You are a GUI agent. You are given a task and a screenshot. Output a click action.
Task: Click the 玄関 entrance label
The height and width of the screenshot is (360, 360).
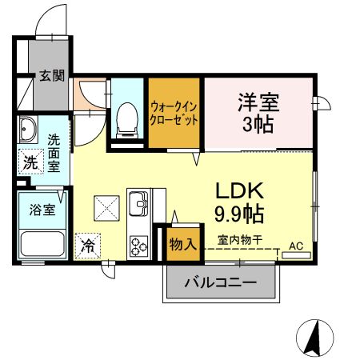point(54,77)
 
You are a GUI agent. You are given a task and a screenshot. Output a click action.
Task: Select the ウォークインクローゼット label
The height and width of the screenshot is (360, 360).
point(174,114)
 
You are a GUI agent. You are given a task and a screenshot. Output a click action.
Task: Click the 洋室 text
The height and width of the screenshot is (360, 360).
point(257,102)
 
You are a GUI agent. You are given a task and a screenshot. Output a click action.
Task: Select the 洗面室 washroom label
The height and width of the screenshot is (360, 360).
point(54,152)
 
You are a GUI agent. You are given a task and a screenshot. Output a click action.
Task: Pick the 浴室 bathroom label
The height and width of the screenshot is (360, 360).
point(42,211)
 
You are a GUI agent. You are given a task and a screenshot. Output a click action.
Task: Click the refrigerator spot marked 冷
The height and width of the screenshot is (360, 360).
point(87,245)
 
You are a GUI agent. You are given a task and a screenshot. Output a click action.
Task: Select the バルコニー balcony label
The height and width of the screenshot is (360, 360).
point(221,282)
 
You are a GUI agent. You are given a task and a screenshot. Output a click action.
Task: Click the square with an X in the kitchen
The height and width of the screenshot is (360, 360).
point(106,210)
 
